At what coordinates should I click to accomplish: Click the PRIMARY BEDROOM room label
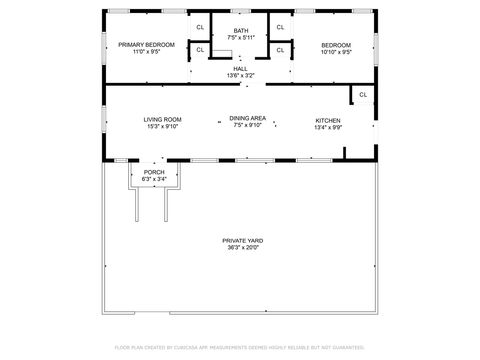coord(146,45)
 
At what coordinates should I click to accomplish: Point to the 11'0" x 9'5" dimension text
coord(146,52)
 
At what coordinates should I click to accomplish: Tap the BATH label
coord(241,31)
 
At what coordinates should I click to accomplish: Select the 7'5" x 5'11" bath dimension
coord(241,38)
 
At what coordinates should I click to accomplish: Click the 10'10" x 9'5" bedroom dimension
coord(335,52)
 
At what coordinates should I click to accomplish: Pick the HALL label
coord(241,68)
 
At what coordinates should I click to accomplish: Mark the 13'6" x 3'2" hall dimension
coord(241,75)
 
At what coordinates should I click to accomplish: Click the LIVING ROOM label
coord(162,119)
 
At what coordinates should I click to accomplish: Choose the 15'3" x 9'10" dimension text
coord(162,126)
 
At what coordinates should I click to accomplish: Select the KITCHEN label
coord(328,120)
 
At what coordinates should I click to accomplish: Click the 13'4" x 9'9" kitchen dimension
coord(328,127)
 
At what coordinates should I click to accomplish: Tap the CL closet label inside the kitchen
coord(363,95)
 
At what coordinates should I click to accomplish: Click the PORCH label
coord(154,172)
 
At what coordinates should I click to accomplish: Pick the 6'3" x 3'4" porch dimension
coord(154,179)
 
